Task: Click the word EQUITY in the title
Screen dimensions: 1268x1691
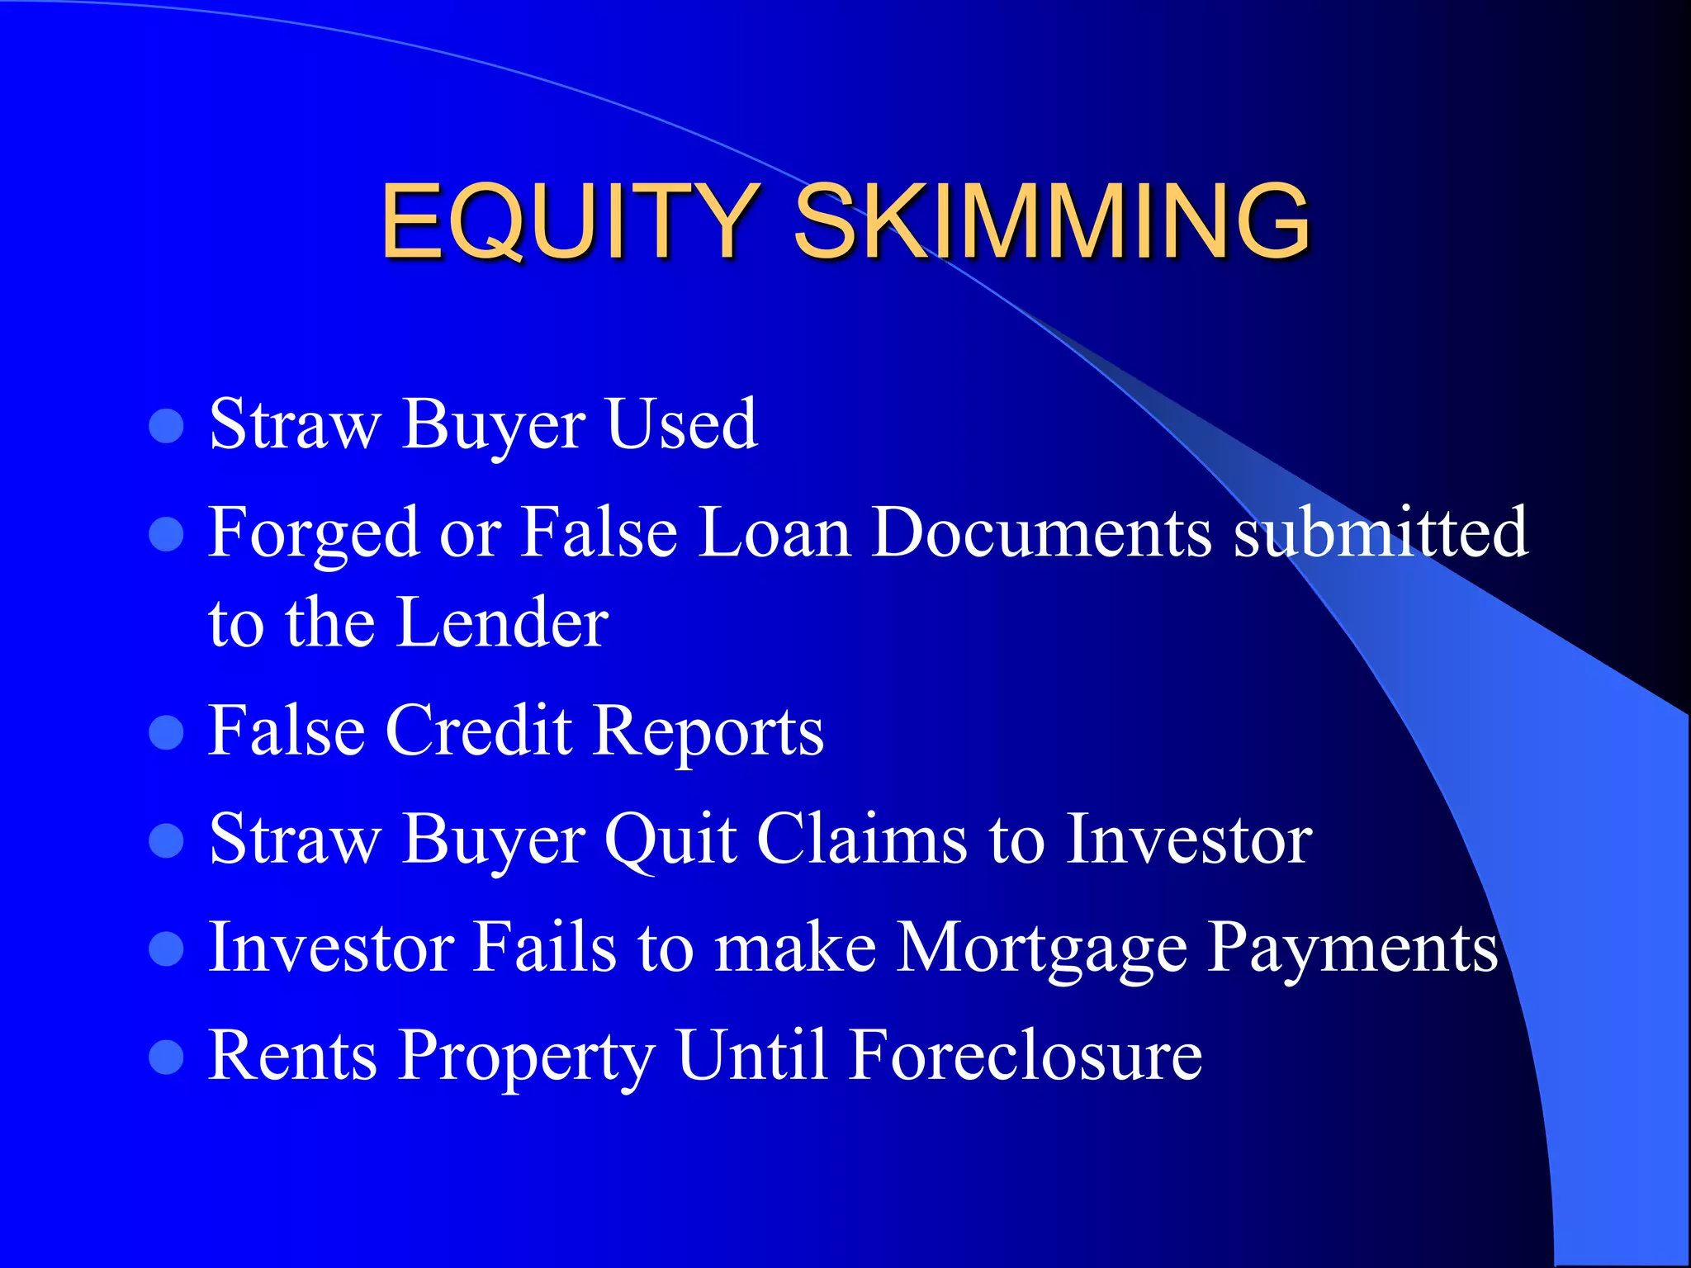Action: pos(570,221)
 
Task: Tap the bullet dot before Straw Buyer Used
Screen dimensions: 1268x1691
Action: pos(166,427)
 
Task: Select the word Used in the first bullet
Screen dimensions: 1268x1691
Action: pos(682,424)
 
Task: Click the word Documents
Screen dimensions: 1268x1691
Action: pos(1042,532)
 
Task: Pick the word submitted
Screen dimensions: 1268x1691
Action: pos(1381,532)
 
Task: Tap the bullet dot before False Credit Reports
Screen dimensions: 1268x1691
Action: pos(166,732)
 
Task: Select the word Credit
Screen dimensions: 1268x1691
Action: pos(479,731)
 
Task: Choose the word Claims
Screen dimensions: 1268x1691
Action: pos(861,840)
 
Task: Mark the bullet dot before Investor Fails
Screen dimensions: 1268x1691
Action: pos(166,949)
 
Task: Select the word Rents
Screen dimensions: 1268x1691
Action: pos(293,1056)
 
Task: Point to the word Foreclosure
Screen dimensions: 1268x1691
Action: pos(1025,1056)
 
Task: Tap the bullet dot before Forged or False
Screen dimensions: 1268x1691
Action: pos(166,534)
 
